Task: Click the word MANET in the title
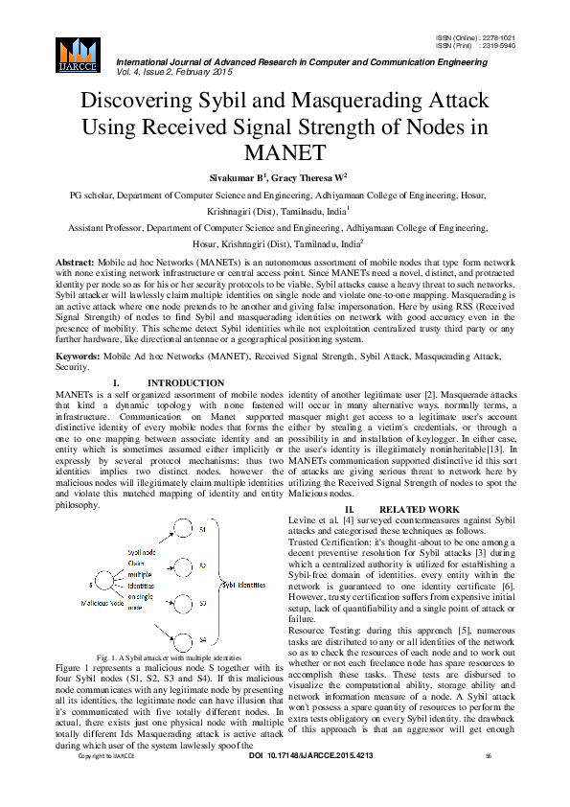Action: pyautogui.click(x=285, y=151)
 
